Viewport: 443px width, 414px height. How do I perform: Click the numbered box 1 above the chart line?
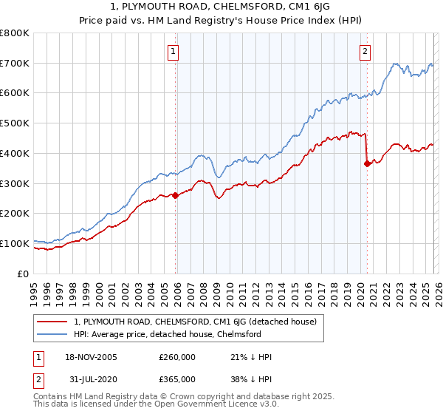tap(173, 51)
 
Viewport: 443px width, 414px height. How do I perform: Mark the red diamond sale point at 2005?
tap(175, 195)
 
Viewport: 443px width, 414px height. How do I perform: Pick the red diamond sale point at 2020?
tap(367, 164)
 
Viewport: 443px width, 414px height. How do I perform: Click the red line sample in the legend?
tap(52, 322)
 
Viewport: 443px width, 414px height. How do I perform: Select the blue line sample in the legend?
tap(52, 334)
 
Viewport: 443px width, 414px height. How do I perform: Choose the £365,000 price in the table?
tap(177, 379)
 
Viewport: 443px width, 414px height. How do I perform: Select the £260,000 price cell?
tap(177, 358)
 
